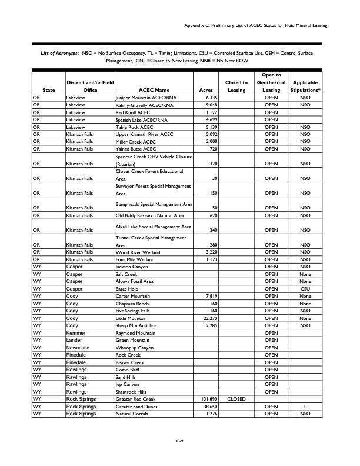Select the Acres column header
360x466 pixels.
point(206,90)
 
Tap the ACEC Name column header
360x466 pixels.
point(154,90)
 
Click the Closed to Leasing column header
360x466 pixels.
point(236,86)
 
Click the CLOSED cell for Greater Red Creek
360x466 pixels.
point(236,398)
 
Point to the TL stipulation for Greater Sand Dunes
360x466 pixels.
point(305,406)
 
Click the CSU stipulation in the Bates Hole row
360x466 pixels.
point(305,288)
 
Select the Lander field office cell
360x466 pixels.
point(76,339)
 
